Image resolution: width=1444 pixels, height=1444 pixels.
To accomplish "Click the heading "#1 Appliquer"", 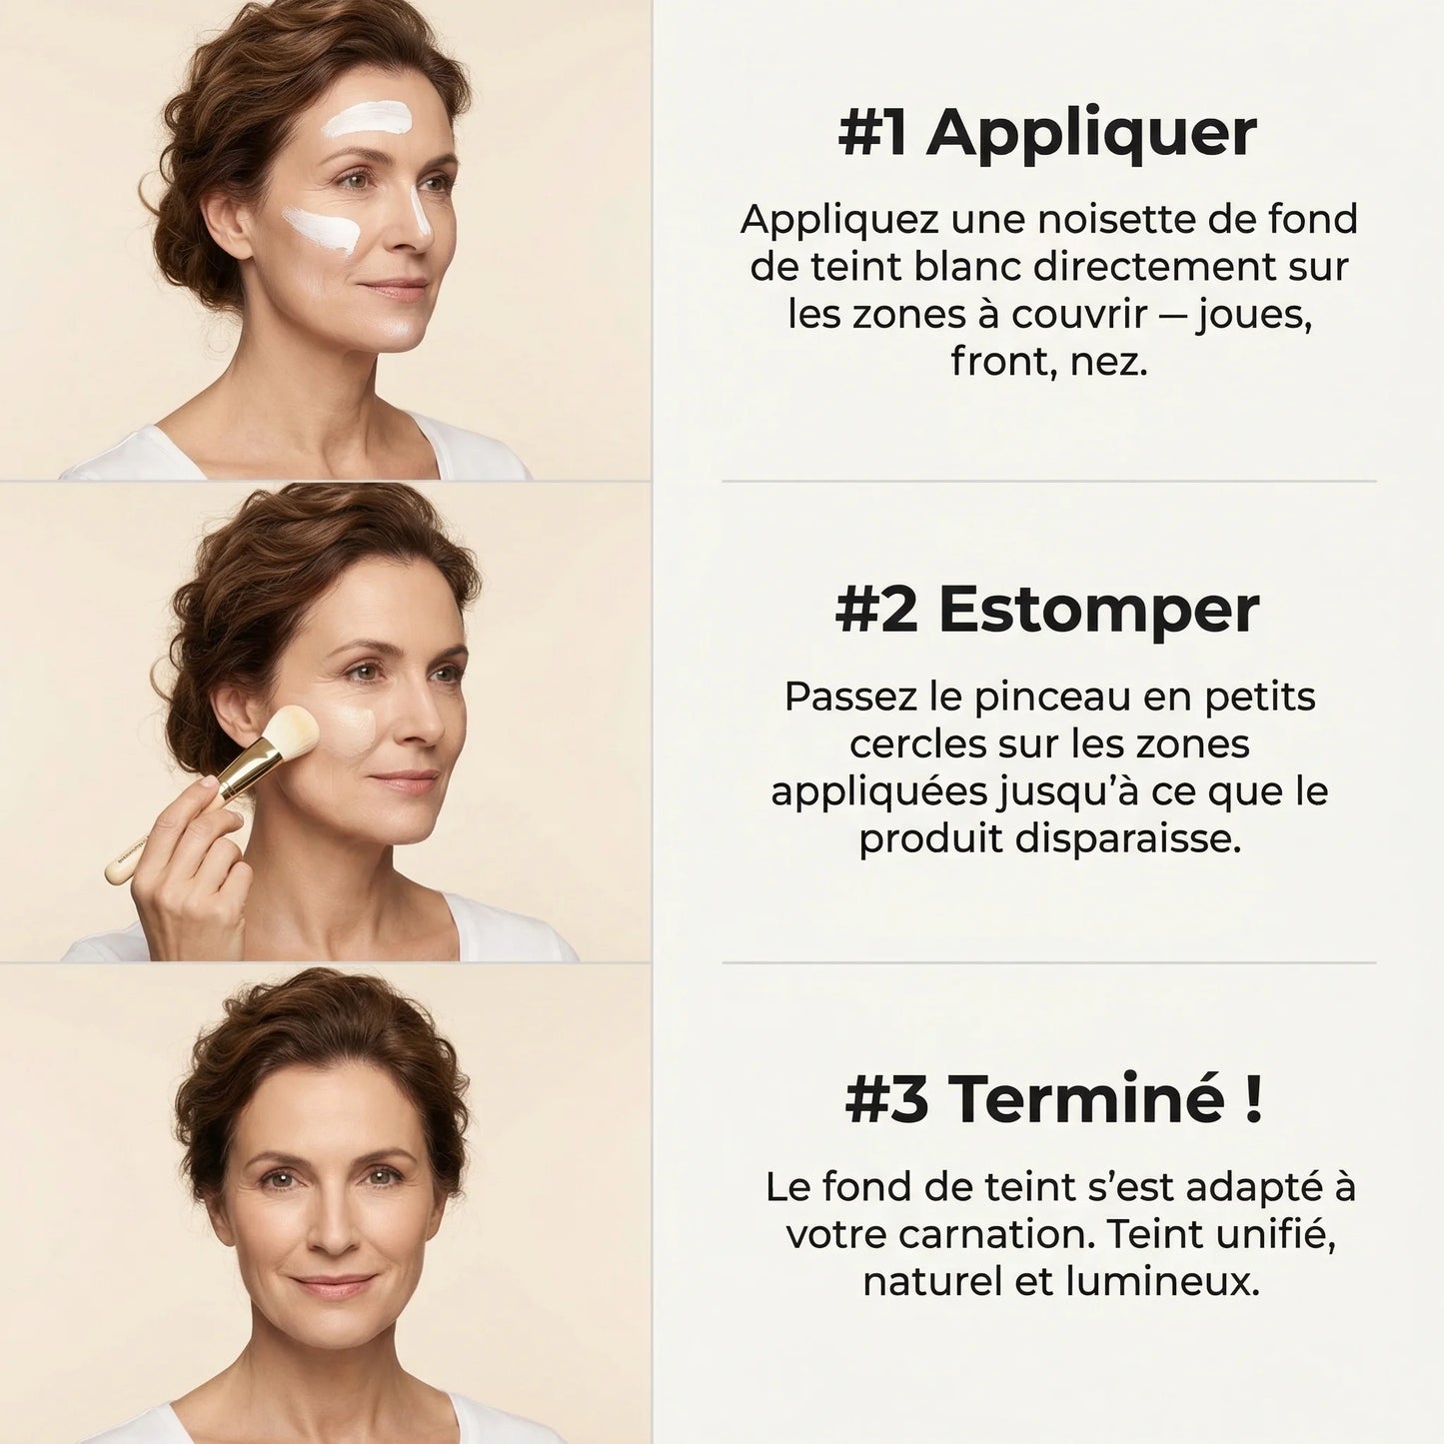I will click(x=1047, y=133).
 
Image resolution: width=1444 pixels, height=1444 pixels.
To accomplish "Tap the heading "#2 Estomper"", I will click(x=1047, y=610).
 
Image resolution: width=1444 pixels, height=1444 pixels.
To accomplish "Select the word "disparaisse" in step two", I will click(x=1127, y=838).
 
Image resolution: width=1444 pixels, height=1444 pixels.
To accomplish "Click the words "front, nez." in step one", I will click(x=1048, y=361).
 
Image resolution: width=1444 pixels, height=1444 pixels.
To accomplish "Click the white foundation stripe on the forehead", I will click(x=367, y=119).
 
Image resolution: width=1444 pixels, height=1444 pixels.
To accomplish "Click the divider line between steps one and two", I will click(x=1048, y=481).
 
